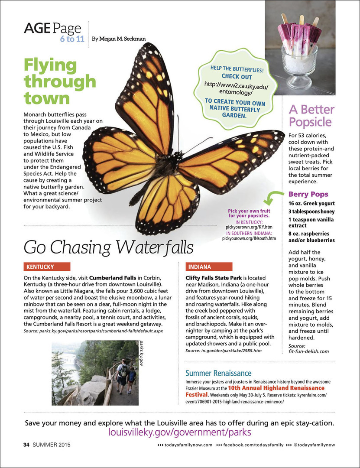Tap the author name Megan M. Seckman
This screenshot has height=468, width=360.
pyautogui.click(x=122, y=39)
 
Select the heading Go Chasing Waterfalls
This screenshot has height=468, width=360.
pyautogui.click(x=108, y=247)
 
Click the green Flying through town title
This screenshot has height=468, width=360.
pyautogui.click(x=59, y=82)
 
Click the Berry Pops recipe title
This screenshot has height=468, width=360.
pyautogui.click(x=308, y=194)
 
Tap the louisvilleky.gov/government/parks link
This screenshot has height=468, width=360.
pyautogui.click(x=180, y=432)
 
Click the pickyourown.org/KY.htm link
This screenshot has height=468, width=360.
pyautogui.click(x=249, y=227)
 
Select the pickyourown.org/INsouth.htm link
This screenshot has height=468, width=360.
pyautogui.click(x=249, y=238)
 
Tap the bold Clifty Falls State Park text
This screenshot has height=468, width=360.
pyautogui.click(x=214, y=277)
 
